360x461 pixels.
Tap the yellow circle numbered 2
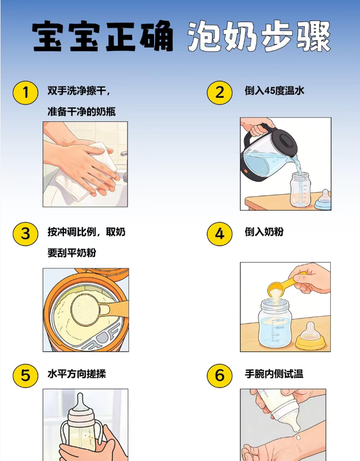[x=220, y=92]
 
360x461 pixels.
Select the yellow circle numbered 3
[x=25, y=234]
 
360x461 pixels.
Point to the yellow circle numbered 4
[x=220, y=234]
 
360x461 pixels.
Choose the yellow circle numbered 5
[x=25, y=375]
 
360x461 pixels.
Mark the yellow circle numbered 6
[x=220, y=375]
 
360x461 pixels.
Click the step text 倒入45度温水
[x=274, y=91]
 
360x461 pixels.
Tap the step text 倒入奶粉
[x=264, y=232]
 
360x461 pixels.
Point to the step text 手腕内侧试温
[x=274, y=374]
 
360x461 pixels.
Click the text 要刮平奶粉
[x=72, y=253]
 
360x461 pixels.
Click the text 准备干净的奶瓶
[x=78, y=111]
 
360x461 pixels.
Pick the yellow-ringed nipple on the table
[x=310, y=337]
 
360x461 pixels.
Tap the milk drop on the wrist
[x=297, y=437]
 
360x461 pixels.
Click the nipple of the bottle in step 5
[x=82, y=403]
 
